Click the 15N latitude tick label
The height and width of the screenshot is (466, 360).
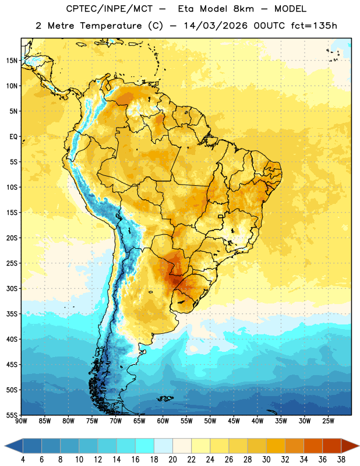(x=12, y=61)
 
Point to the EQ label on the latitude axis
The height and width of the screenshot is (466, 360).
(x=13, y=137)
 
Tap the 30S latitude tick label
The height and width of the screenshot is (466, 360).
(x=12, y=288)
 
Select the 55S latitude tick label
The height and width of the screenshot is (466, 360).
(x=12, y=415)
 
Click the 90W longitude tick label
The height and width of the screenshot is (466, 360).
(x=21, y=421)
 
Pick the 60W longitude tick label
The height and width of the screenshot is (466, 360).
(x=163, y=421)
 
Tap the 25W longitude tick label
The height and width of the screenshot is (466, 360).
(x=328, y=421)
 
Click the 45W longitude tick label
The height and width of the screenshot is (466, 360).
(x=234, y=421)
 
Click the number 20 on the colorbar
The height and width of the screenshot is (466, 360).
(x=172, y=460)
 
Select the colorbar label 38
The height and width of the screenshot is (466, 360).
(x=341, y=460)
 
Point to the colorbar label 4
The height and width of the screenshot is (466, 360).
(x=23, y=460)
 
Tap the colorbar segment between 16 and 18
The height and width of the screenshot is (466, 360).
(x=145, y=446)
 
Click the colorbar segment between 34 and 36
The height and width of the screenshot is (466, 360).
(x=313, y=446)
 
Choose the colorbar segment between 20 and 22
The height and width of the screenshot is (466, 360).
(x=182, y=446)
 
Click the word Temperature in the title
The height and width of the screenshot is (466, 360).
(x=111, y=26)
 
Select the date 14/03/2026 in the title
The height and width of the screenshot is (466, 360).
(x=216, y=26)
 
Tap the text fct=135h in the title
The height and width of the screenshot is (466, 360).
(x=314, y=26)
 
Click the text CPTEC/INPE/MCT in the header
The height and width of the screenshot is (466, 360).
(x=109, y=9)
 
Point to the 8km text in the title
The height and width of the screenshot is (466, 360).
(x=243, y=9)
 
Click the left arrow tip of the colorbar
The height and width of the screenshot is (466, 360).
(x=5, y=446)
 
